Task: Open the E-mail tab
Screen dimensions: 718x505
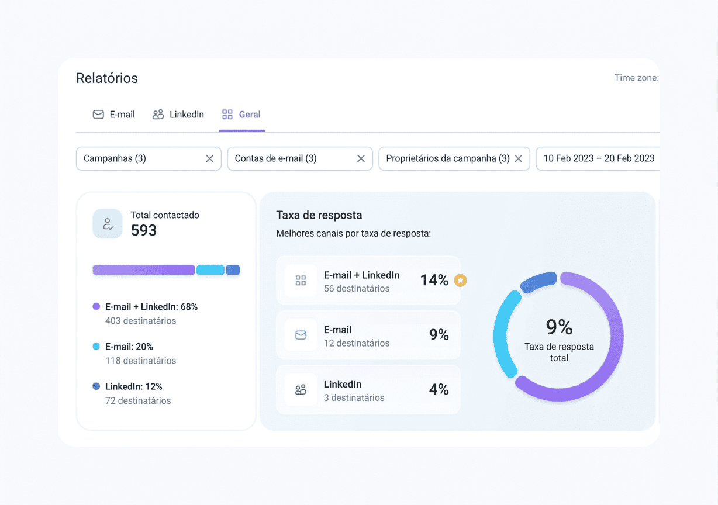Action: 114,115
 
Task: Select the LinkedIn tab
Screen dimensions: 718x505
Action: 178,115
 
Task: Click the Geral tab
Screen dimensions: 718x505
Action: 241,115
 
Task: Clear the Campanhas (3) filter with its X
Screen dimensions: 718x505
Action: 210,158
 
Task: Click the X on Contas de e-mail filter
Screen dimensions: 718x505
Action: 361,158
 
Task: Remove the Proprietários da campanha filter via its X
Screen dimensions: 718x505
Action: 518,158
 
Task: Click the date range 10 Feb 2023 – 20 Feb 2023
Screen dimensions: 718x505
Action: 599,158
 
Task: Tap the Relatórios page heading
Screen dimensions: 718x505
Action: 107,78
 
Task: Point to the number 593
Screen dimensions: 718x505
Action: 144,230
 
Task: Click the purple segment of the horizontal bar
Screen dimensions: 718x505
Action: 144,270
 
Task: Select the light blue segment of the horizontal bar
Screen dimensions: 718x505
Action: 210,270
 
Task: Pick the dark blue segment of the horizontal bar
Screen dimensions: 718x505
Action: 233,270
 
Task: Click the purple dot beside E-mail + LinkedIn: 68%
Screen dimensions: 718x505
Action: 96,306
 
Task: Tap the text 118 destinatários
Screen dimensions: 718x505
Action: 141,361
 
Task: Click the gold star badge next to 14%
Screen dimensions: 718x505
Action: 460,281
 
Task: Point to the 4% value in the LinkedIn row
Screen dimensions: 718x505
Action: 439,389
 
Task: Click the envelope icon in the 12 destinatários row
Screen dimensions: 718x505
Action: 301,335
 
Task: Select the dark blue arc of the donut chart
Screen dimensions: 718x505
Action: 538,282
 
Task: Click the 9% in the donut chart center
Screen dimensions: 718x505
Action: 559,327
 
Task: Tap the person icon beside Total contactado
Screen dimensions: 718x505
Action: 108,224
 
